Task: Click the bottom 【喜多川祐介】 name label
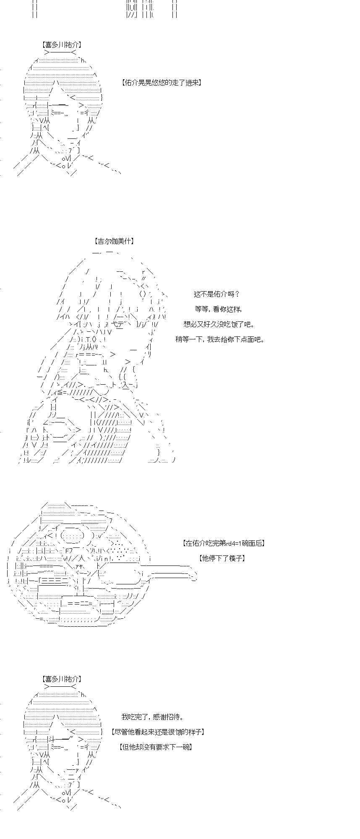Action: (62, 679)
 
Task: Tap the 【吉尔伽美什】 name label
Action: (114, 241)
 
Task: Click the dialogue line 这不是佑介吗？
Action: (217, 294)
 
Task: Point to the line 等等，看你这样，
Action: (218, 309)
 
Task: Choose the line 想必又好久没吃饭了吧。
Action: (219, 324)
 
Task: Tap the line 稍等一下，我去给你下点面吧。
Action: (220, 339)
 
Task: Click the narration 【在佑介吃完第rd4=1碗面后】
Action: (224, 543)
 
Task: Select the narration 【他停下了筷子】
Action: (222, 558)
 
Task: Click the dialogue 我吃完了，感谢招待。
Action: (152, 717)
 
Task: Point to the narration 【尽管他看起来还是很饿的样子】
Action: (158, 732)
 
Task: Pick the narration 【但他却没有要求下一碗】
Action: (156, 747)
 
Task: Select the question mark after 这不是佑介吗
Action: (237, 294)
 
